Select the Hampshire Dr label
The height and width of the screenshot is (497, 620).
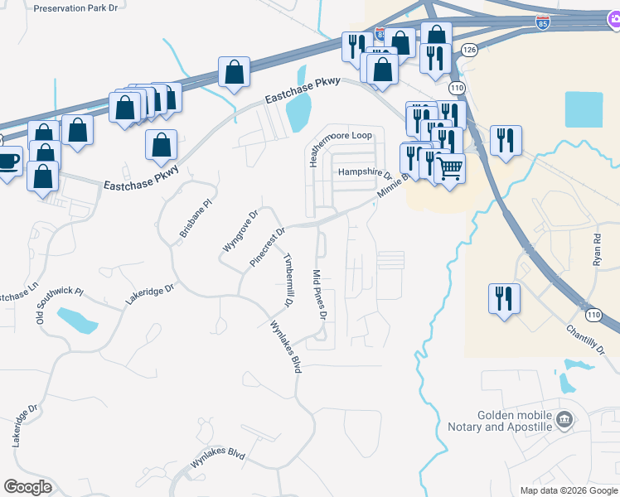365,173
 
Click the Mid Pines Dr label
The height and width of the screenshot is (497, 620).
320,295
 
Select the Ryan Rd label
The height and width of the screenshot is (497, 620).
596,248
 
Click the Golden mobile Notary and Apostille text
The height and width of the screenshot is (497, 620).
514,421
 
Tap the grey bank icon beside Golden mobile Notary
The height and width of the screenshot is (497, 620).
565,419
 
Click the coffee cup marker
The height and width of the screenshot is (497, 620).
8,161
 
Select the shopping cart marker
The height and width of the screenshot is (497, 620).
449,168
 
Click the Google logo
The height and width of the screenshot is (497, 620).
27,487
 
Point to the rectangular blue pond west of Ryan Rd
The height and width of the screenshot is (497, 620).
584,109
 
